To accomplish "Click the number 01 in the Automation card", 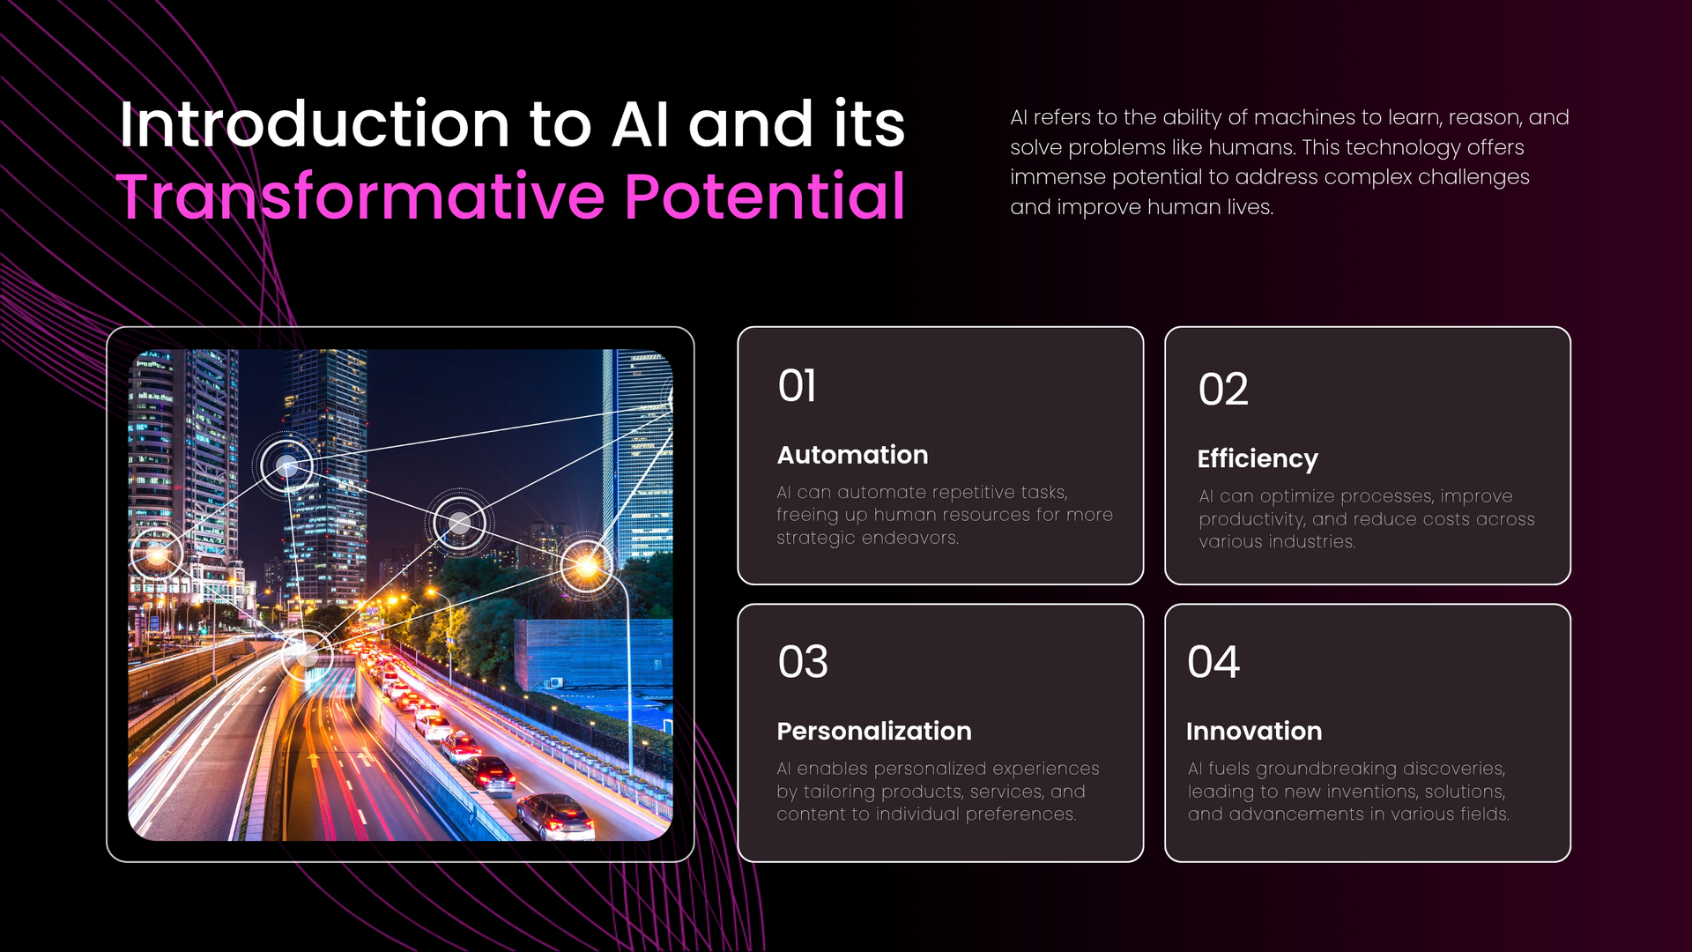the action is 797,386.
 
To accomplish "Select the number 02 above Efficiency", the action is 1223,390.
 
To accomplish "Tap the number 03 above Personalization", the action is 803,662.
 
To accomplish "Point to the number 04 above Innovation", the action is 1213,662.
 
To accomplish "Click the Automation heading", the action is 852,455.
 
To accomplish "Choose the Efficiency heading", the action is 1258,459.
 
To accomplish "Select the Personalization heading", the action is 874,732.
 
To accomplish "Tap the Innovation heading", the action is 1254,732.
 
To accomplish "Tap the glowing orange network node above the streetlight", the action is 586,566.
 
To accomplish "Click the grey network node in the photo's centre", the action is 459,524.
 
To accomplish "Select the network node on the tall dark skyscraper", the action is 286,465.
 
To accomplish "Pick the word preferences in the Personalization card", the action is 1020,814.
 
